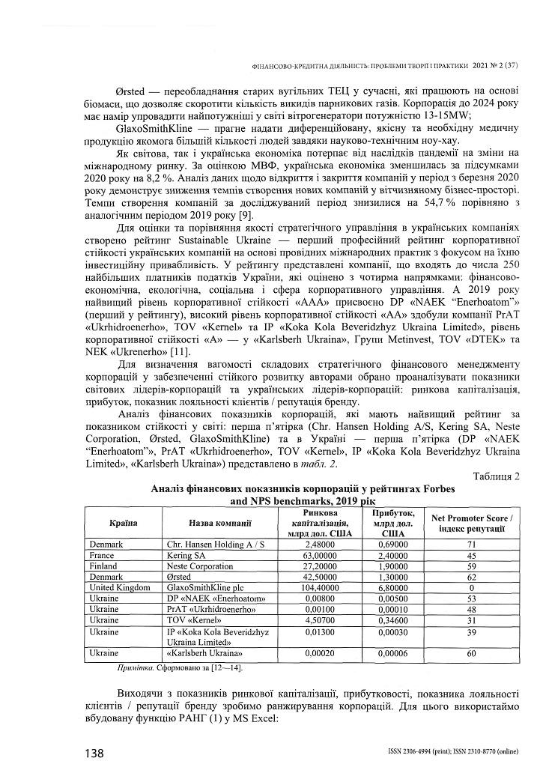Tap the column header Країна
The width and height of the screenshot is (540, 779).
point(123,523)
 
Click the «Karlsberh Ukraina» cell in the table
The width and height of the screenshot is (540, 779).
point(200,654)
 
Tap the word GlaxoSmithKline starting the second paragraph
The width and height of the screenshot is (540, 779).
point(156,129)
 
